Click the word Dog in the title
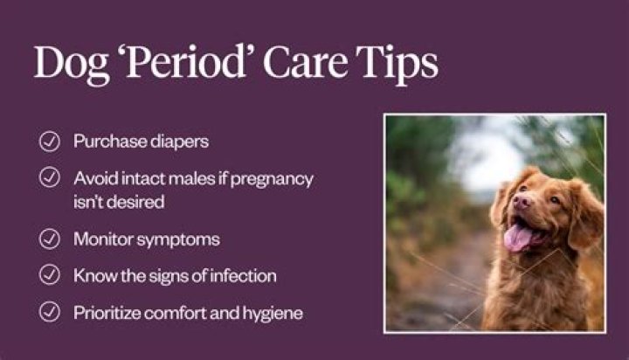click(72, 64)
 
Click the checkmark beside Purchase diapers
click(49, 142)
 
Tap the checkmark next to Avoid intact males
click(49, 177)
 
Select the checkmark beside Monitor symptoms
click(49, 239)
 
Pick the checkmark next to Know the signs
click(49, 275)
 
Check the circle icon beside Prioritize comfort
click(49, 312)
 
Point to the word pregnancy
click(272, 179)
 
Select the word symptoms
click(178, 240)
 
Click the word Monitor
click(103, 239)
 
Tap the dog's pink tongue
click(518, 238)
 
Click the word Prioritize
click(107, 313)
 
